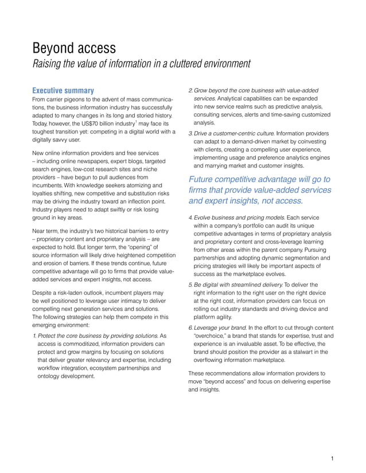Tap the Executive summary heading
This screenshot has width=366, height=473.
63,90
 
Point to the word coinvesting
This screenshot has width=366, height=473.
307,142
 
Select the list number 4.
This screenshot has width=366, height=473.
190,218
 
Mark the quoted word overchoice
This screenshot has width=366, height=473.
212,336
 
